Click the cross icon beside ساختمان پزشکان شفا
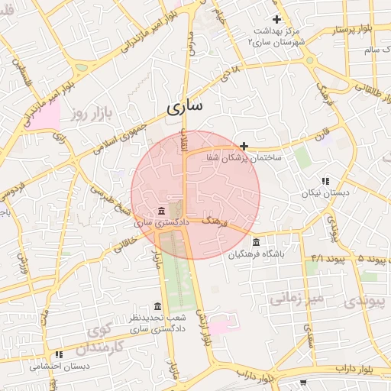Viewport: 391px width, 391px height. (x=244, y=145)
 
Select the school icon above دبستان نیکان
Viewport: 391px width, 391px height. (x=325, y=182)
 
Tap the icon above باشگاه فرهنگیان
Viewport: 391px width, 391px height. (x=255, y=243)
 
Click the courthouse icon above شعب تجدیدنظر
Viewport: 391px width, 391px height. (x=158, y=306)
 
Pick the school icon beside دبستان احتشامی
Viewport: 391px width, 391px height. (x=59, y=354)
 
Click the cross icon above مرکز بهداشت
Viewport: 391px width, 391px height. (x=277, y=19)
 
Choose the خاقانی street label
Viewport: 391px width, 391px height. (x=127, y=243)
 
